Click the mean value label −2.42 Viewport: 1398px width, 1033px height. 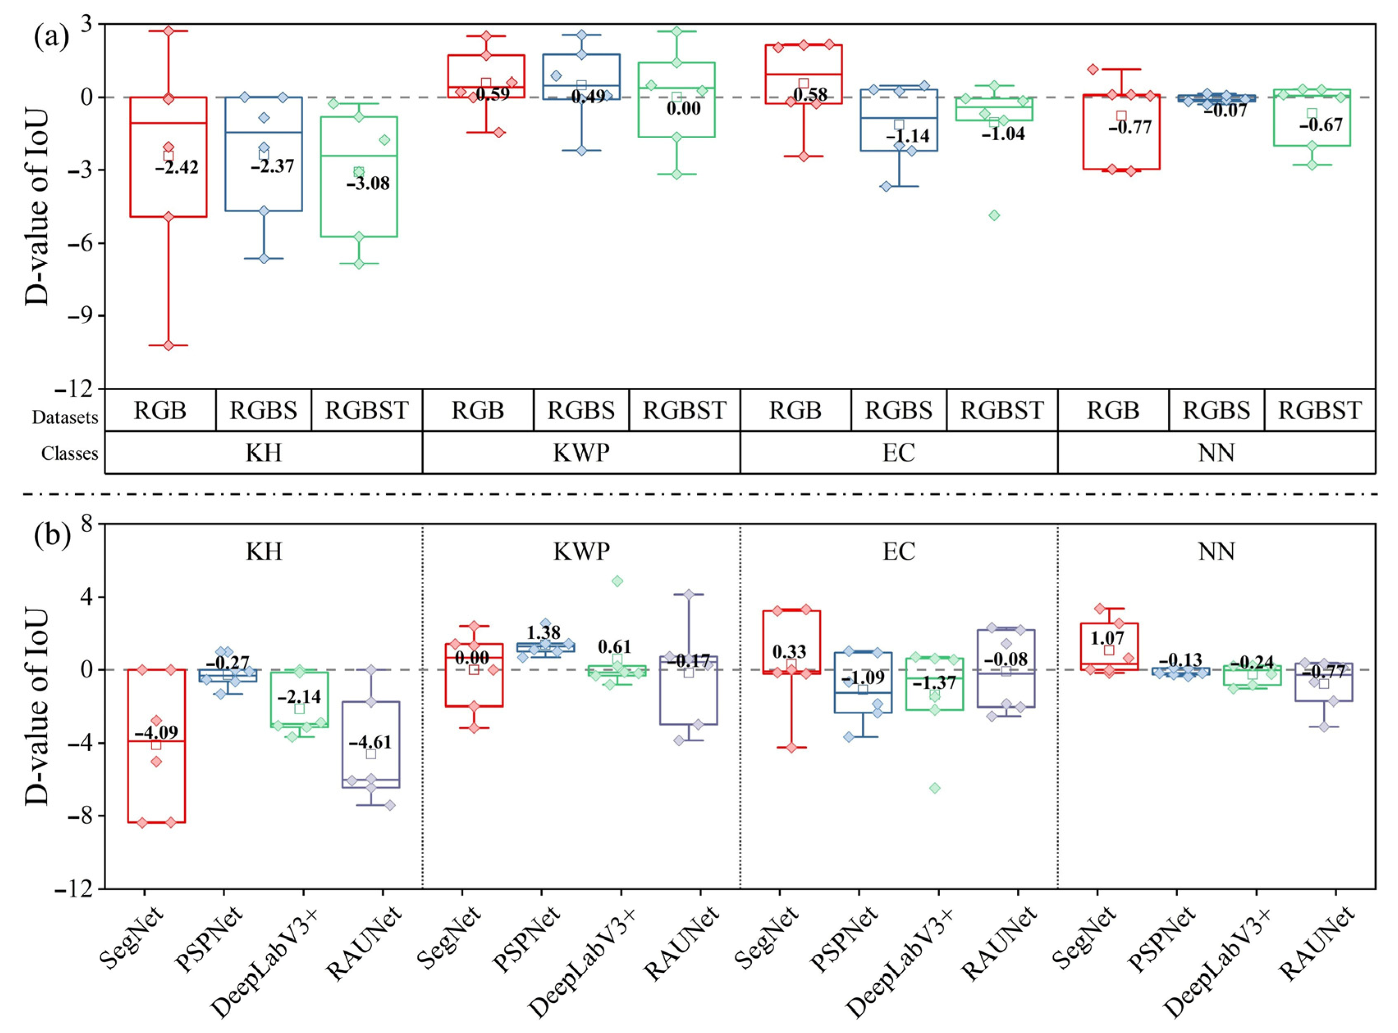point(176,167)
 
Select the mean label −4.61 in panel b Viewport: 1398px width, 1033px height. point(370,742)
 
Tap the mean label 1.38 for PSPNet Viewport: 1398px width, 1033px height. point(544,632)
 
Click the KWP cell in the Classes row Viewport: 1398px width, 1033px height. point(581,452)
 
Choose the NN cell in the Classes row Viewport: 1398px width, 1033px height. point(1216,452)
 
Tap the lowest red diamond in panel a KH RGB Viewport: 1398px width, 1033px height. point(168,345)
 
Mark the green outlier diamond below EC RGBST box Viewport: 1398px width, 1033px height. point(994,215)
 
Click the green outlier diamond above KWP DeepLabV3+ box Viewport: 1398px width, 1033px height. point(617,581)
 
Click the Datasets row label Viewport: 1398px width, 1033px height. point(65,417)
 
